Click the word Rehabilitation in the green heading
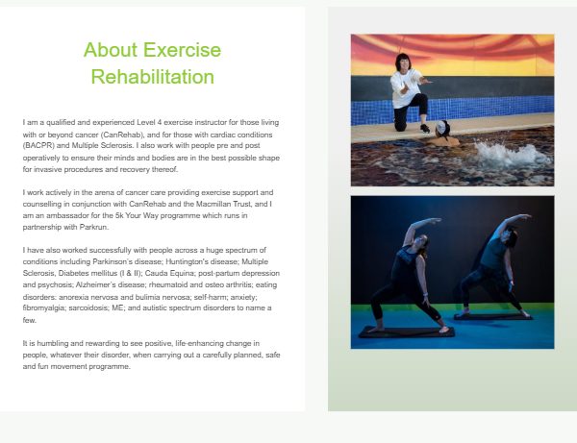152,77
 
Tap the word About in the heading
111,50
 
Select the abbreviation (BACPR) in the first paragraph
38,145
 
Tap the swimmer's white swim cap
441,128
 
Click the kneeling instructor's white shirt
406,88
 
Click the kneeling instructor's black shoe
425,129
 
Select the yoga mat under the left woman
407,332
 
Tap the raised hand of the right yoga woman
525,217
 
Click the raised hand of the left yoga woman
435,221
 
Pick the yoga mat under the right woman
493,316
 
